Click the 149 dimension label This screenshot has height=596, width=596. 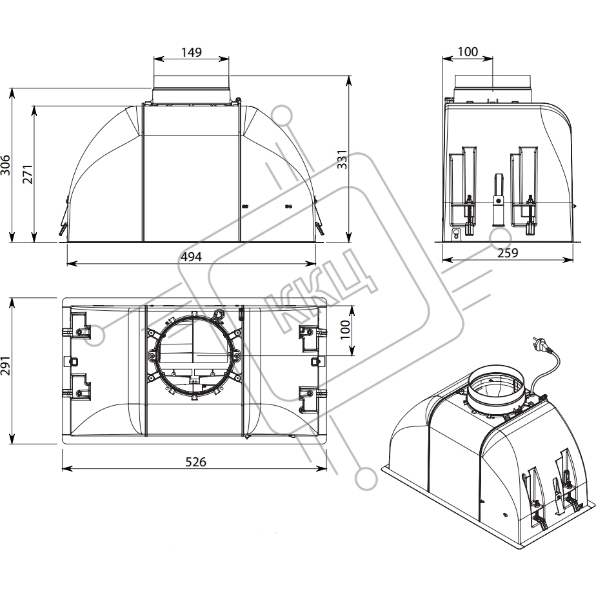tap(192, 52)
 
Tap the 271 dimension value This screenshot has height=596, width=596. tap(26, 174)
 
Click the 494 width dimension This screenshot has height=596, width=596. tap(192, 257)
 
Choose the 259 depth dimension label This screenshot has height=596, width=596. tap(509, 254)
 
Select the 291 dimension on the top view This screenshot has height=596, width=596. tap(6, 371)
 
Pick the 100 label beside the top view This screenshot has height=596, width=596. tap(346, 331)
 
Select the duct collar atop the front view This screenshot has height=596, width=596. tap(192, 88)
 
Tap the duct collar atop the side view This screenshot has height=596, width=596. tap(493, 87)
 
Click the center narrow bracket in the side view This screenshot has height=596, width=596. tap(497, 199)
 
